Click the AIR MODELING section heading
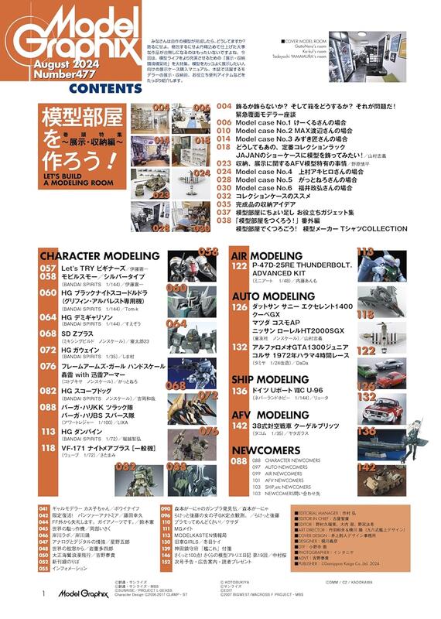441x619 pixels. pyautogui.click(x=266, y=256)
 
